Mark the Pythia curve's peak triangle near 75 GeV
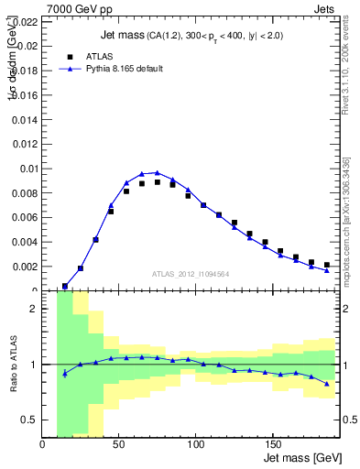coord(158,172)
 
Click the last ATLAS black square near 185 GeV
coord(326,265)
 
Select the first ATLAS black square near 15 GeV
coord(65,286)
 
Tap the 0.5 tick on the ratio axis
coord(37,420)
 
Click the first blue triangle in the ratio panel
coord(65,373)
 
